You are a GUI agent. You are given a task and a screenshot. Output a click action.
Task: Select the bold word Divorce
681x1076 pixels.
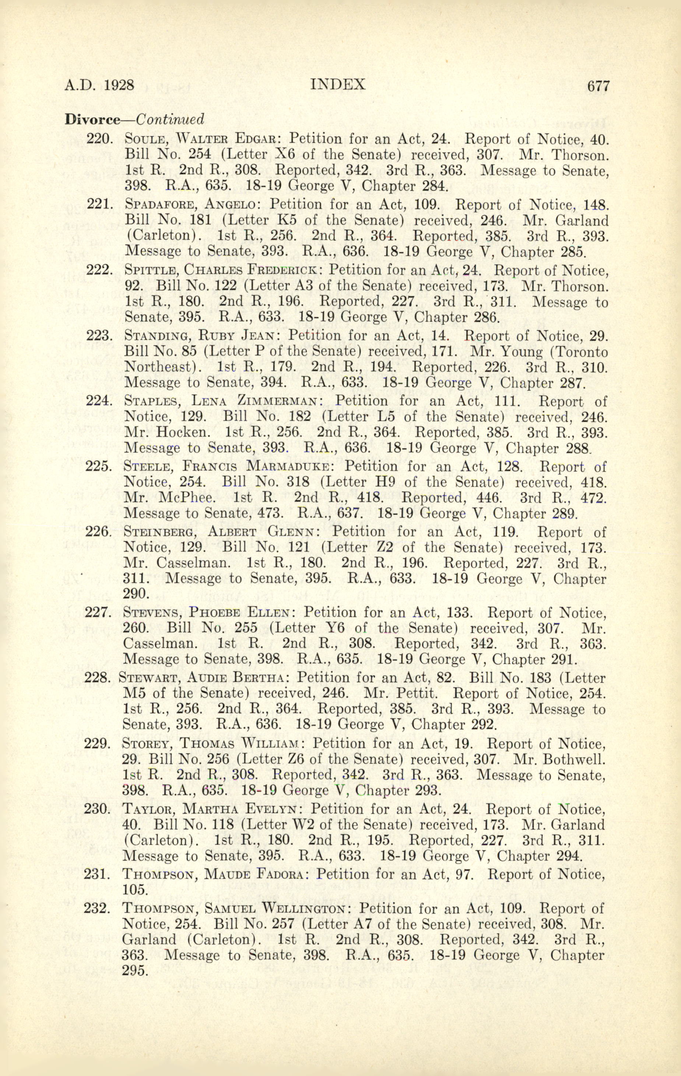pyautogui.click(x=93, y=119)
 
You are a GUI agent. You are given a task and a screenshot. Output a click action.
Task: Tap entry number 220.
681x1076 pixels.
pyautogui.click(x=99, y=139)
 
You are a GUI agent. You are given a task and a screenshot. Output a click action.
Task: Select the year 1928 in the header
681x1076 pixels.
pyautogui.click(x=119, y=84)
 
